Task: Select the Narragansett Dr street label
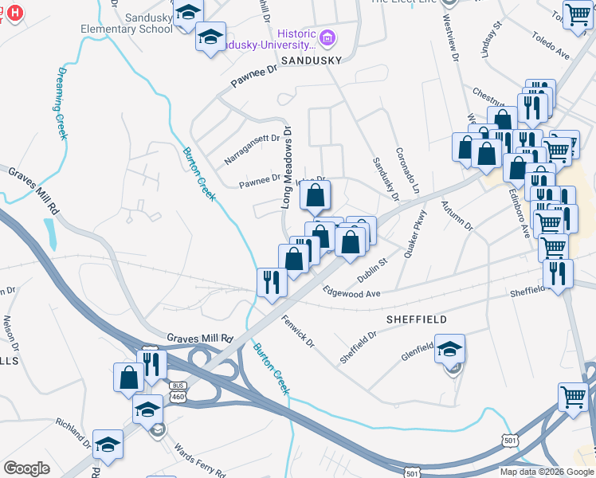[x=253, y=149]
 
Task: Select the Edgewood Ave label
[x=352, y=293]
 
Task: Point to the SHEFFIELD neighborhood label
[x=416, y=319]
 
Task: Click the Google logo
[x=26, y=468]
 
